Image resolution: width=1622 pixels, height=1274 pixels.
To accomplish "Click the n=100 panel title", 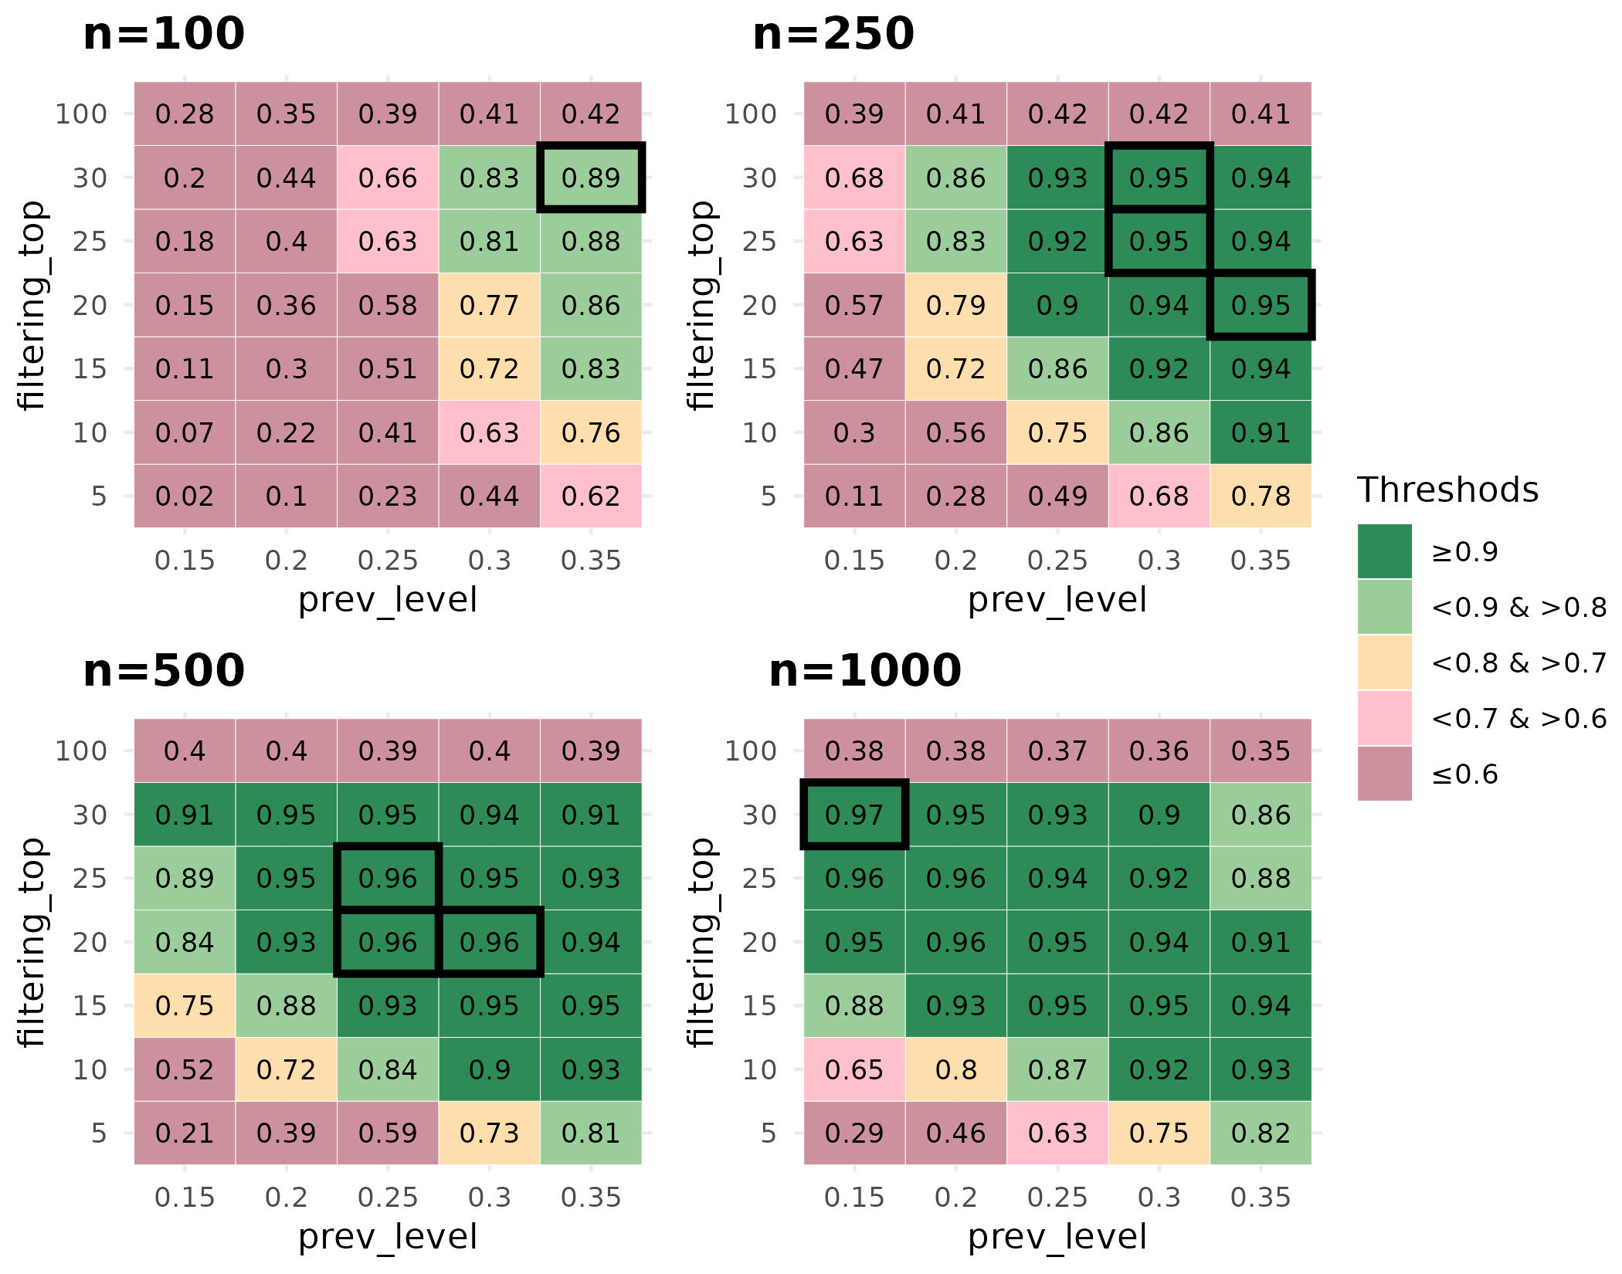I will pyautogui.click(x=164, y=35).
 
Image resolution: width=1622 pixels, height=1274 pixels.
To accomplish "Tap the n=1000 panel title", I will pyautogui.click(x=865, y=671).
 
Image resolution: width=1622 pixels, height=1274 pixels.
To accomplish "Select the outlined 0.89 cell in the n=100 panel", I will pyautogui.click(x=591, y=178).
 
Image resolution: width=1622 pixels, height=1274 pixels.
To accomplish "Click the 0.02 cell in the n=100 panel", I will pyautogui.click(x=185, y=496).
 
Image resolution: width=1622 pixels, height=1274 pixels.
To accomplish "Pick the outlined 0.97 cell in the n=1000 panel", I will pyautogui.click(x=854, y=815).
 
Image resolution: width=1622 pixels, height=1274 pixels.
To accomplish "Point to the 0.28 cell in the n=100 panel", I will pyautogui.click(x=185, y=114).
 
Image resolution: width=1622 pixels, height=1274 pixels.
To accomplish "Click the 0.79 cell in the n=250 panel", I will pyautogui.click(x=955, y=305).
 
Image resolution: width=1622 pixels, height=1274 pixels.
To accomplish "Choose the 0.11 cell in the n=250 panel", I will pyautogui.click(x=854, y=496).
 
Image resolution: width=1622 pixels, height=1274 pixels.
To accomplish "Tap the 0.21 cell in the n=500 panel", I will pyautogui.click(x=185, y=1133).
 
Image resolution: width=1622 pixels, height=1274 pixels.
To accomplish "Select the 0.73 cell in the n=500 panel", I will pyautogui.click(x=490, y=1133).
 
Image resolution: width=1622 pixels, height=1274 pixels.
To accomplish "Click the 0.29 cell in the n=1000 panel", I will pyautogui.click(x=854, y=1133).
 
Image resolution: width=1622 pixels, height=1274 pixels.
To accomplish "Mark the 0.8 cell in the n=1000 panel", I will pyautogui.click(x=955, y=1069).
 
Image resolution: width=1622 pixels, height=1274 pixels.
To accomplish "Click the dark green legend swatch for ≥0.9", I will pyautogui.click(x=1385, y=551).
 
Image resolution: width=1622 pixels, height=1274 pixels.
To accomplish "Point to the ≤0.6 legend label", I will pyautogui.click(x=1464, y=774).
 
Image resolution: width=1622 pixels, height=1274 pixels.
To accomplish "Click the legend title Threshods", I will pyautogui.click(x=1447, y=490).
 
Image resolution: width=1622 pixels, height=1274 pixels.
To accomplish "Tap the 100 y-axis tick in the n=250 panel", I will pyautogui.click(x=750, y=114).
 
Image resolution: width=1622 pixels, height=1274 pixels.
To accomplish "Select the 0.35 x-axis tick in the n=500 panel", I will pyautogui.click(x=591, y=1198).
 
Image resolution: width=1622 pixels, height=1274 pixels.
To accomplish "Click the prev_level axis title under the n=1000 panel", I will pyautogui.click(x=1057, y=1237).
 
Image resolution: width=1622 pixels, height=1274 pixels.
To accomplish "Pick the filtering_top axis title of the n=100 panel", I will pyautogui.click(x=32, y=305).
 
